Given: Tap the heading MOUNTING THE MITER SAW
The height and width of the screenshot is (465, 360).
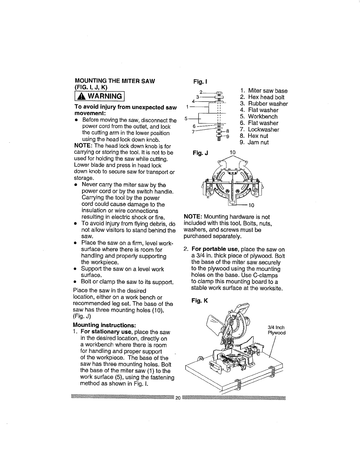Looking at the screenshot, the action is click(115, 81).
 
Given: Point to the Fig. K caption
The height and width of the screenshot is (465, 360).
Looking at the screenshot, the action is click(200, 301).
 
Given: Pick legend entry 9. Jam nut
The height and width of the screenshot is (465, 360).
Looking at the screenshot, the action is click(254, 142).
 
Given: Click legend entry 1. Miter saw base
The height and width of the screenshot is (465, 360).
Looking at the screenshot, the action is click(263, 91).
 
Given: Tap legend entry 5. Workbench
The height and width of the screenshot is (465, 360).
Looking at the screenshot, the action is click(258, 117).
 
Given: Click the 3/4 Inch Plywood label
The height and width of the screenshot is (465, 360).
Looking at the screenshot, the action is click(276, 330).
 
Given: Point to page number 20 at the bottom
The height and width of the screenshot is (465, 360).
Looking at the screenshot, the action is click(178, 398).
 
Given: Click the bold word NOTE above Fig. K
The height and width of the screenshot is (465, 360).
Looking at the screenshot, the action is click(192, 217).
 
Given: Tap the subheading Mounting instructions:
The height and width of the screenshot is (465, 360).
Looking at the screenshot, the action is click(104, 325).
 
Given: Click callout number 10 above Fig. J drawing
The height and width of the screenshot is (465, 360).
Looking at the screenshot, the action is click(233, 153).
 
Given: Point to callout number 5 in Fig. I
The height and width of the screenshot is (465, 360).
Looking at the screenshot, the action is click(186, 119).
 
